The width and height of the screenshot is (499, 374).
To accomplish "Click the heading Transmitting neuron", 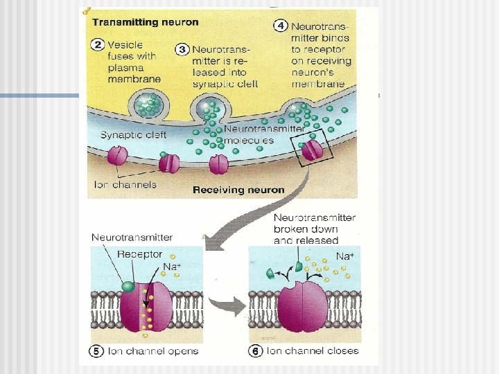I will (145, 21).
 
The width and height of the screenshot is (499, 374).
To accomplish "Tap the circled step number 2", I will (98, 46).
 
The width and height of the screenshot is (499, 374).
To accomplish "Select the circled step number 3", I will (183, 49).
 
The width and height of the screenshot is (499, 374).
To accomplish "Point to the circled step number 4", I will (281, 26).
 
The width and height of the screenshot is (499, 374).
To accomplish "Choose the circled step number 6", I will (256, 351).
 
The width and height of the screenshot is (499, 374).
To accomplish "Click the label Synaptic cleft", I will (133, 135).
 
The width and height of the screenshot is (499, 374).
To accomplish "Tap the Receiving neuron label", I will (238, 189).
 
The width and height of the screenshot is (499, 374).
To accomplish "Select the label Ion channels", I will (125, 184).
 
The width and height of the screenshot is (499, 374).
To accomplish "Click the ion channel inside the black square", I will (313, 150).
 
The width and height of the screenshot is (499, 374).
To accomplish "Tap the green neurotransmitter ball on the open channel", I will (128, 286).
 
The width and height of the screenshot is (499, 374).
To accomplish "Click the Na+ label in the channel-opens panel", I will (171, 266).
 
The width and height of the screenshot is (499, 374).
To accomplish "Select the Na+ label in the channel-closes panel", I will (344, 256).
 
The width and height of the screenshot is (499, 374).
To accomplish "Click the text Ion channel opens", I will (152, 351).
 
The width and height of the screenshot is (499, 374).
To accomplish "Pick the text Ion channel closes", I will (313, 351).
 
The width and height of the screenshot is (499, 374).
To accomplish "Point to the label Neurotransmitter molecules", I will (263, 134).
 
